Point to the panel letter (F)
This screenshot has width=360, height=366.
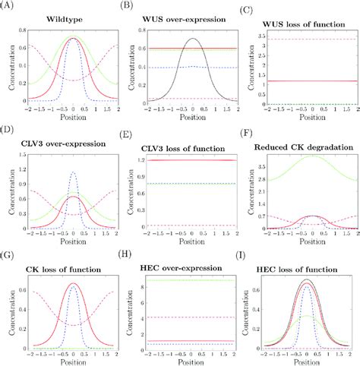250,131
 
